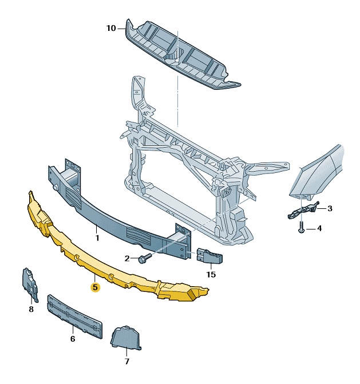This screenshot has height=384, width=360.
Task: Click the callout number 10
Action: (x=110, y=29)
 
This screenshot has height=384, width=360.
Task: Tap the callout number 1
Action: (x=97, y=237)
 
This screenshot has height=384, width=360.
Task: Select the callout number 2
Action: (x=127, y=258)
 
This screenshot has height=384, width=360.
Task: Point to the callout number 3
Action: (x=330, y=209)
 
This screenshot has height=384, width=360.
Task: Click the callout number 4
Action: (x=319, y=228)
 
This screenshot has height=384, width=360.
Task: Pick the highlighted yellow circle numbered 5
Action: (x=95, y=287)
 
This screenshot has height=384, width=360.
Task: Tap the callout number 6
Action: (x=73, y=339)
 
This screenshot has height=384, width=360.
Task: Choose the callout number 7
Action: (x=126, y=361)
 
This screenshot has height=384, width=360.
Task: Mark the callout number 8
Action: (x=31, y=309)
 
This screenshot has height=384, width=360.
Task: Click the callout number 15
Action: (x=211, y=274)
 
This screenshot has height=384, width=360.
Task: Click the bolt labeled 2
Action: (x=145, y=258)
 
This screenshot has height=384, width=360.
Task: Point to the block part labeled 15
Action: (x=210, y=256)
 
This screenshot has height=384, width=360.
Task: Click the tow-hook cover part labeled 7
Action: (x=126, y=337)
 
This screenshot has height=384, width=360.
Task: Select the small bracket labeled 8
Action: (x=30, y=286)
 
